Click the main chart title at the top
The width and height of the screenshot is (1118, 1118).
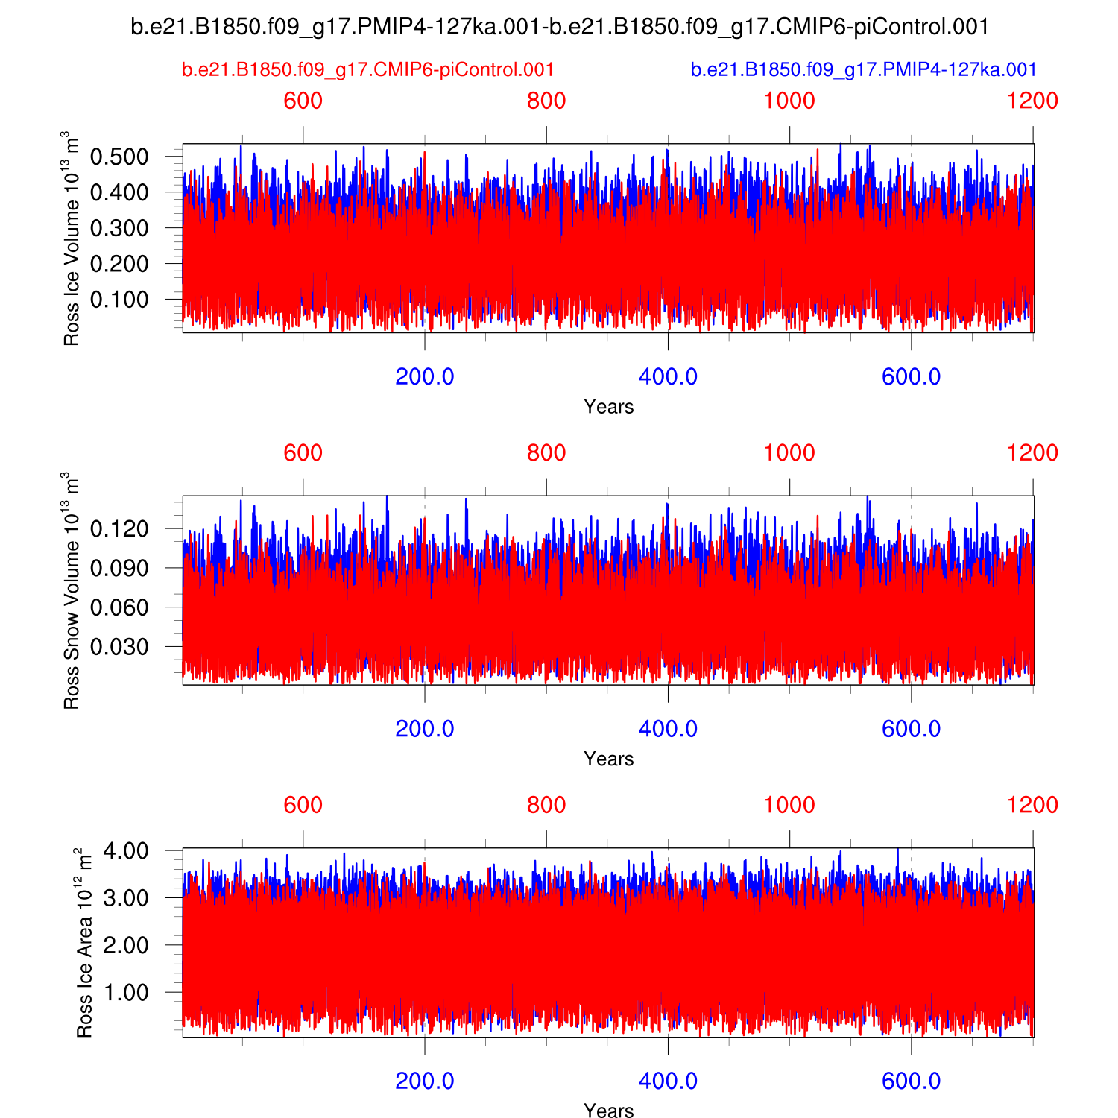(x=560, y=27)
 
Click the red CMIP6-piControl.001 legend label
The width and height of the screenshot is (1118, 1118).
(x=368, y=70)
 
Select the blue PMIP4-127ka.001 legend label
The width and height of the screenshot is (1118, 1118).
(x=863, y=70)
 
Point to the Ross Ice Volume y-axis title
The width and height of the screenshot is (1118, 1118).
(x=71, y=239)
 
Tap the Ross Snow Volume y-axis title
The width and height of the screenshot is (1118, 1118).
(x=71, y=590)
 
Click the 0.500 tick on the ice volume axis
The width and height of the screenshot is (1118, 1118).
(x=119, y=157)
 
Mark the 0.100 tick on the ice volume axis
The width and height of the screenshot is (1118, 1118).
(x=119, y=300)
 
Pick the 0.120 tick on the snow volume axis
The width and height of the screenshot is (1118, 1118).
(x=119, y=530)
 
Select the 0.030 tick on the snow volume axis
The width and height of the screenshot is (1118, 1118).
(x=119, y=647)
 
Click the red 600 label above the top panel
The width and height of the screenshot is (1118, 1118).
(x=303, y=101)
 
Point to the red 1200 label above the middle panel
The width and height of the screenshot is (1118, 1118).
(x=1032, y=452)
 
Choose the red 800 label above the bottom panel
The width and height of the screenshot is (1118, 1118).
(x=546, y=805)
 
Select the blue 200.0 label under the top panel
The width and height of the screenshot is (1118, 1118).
(x=425, y=376)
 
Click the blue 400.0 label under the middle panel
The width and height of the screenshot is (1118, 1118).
(x=668, y=728)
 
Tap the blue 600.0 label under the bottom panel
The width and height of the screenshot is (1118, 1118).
(x=911, y=1081)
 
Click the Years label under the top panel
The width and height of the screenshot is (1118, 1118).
(x=609, y=407)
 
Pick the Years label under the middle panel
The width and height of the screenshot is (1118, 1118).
(x=609, y=759)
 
